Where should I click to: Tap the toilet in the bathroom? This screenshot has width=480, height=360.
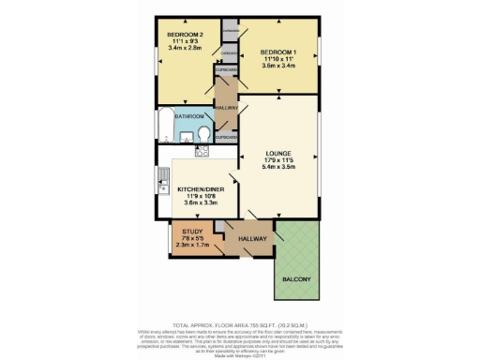point(203,131)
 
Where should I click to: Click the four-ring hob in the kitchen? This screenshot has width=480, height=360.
point(202,152)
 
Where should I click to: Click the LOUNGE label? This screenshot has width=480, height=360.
point(278,153)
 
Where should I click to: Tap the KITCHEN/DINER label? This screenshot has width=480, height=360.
point(200,189)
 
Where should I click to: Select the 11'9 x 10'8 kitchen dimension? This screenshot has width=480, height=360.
point(200,196)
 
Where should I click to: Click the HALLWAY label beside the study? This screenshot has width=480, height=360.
point(252,240)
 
